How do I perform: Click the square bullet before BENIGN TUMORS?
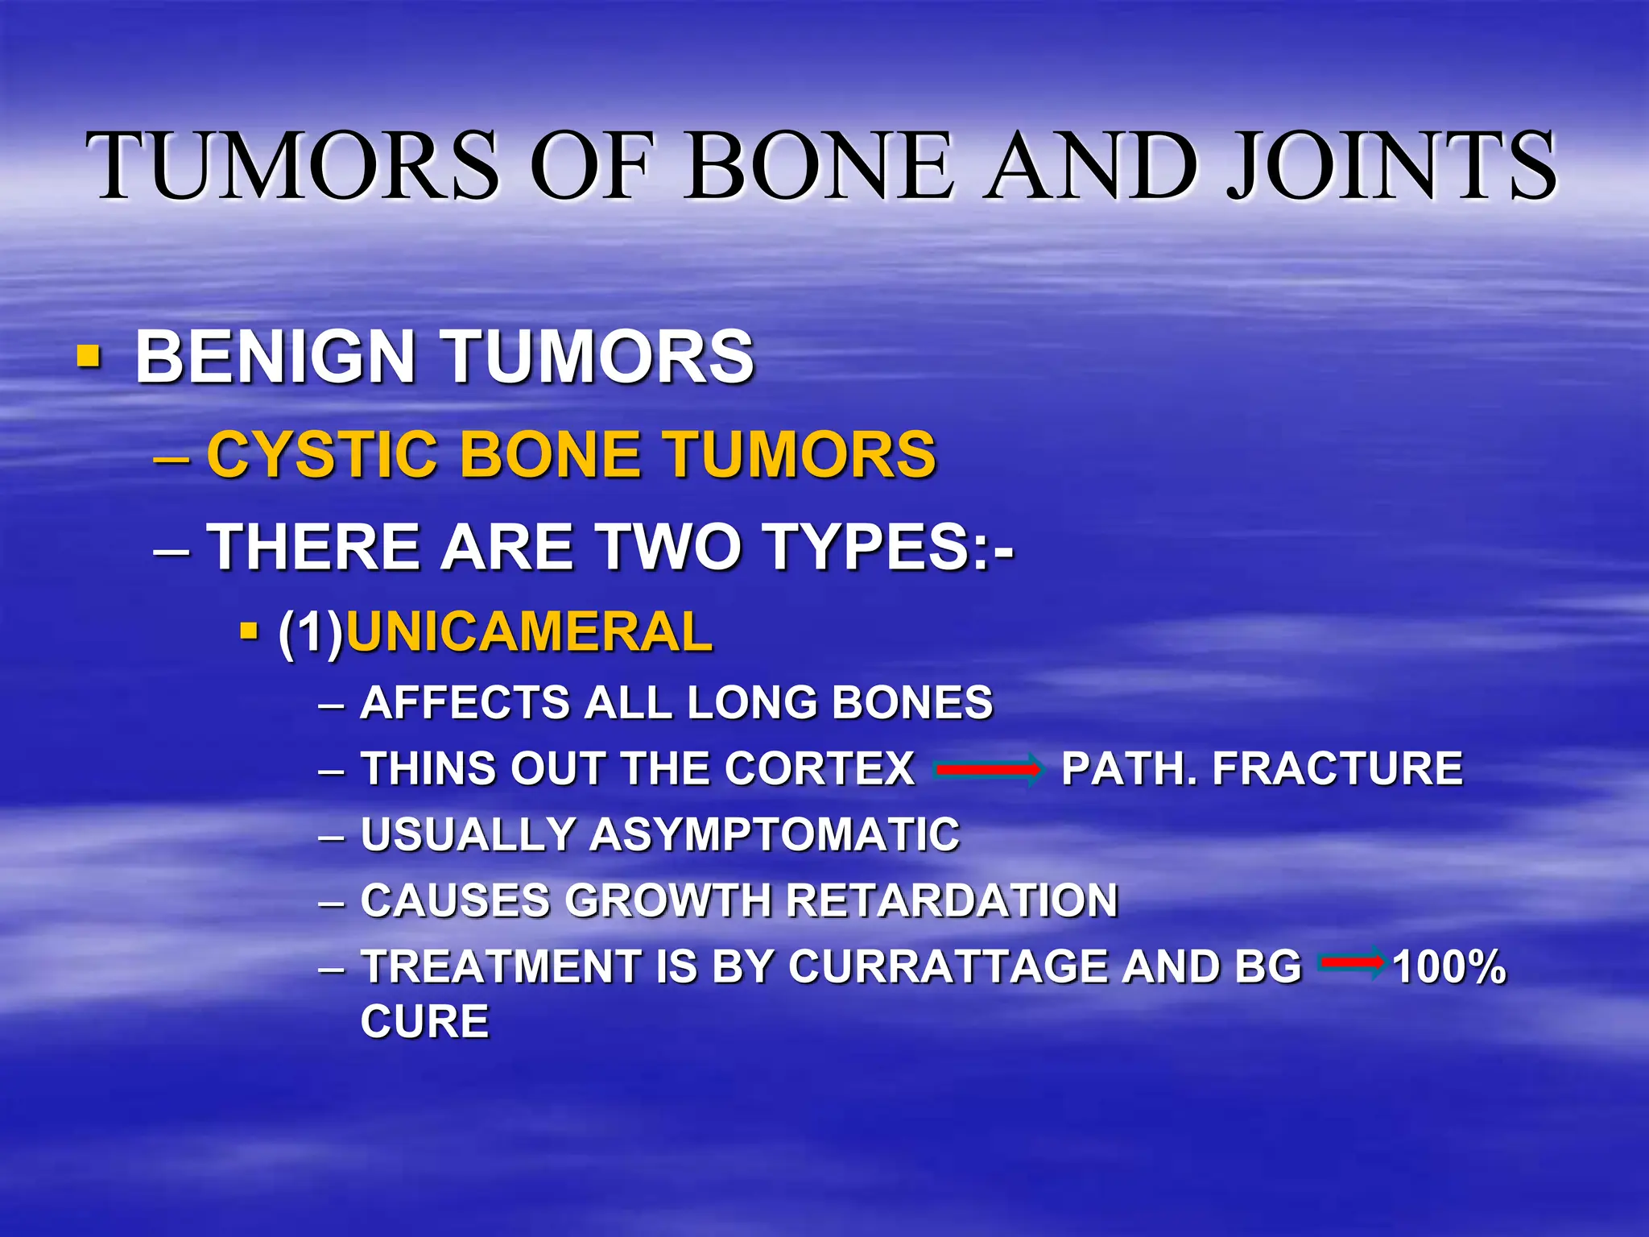click(x=89, y=356)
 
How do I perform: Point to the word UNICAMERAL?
click(x=529, y=631)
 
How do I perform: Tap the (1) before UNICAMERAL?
click(x=311, y=633)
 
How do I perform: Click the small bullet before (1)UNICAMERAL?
click(x=249, y=629)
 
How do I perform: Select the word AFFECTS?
click(x=462, y=702)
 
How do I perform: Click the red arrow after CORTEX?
click(x=987, y=770)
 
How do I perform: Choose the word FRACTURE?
click(x=1337, y=768)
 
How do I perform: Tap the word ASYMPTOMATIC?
click(x=775, y=834)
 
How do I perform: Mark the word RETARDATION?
click(x=951, y=900)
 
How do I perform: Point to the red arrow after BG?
click(x=1352, y=962)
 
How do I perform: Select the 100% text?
click(x=1449, y=967)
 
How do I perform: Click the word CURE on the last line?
click(x=424, y=1022)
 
